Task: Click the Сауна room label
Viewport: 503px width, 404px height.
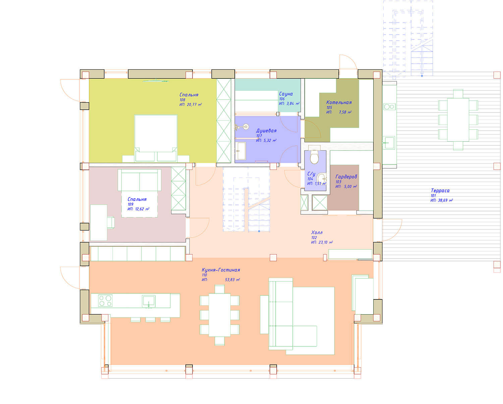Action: pyautogui.click(x=286, y=94)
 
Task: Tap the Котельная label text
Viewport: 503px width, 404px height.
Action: pyautogui.click(x=339, y=102)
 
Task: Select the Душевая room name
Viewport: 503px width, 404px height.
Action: pyautogui.click(x=266, y=131)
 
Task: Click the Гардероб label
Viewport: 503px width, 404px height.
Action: pyautogui.click(x=346, y=177)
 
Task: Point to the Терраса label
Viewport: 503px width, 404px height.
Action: pyautogui.click(x=440, y=191)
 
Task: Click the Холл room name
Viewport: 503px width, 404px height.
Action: pyautogui.click(x=317, y=232)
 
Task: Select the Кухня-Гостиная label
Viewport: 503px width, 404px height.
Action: pyautogui.click(x=221, y=270)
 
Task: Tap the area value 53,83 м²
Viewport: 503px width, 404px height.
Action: pyautogui.click(x=232, y=279)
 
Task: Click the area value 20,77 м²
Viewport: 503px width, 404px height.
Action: pyautogui.click(x=194, y=105)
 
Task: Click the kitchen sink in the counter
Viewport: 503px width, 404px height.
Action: pyautogui.click(x=149, y=301)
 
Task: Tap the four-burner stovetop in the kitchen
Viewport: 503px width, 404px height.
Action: pyautogui.click(x=105, y=300)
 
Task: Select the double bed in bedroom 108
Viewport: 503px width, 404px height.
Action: pyautogui.click(x=156, y=138)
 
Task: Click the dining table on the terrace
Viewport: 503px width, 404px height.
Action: pyautogui.click(x=458, y=120)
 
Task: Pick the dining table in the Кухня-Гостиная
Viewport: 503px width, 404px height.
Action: pyautogui.click(x=220, y=315)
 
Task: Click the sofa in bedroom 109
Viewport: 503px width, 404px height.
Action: pyautogui.click(x=139, y=180)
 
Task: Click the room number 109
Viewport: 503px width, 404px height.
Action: pyautogui.click(x=130, y=204)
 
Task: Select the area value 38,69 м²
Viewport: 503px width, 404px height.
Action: pyautogui.click(x=445, y=200)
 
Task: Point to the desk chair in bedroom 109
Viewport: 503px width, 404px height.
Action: pyautogui.click(x=111, y=222)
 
